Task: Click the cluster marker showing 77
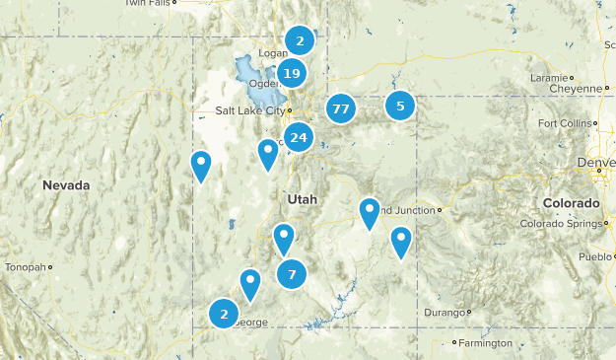[341, 108]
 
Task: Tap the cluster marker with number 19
[291, 73]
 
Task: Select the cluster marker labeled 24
[299, 138]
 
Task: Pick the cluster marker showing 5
[400, 106]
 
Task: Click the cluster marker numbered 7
[292, 273]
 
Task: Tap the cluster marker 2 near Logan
[300, 40]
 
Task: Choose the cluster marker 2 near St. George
[225, 314]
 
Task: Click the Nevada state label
[66, 185]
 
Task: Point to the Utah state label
[303, 199]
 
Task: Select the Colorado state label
[571, 203]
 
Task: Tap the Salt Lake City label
[250, 110]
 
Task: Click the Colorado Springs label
[558, 223]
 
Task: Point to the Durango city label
[443, 313]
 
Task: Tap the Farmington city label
[484, 343]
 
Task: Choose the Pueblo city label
[595, 256]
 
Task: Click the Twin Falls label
[147, 3]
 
